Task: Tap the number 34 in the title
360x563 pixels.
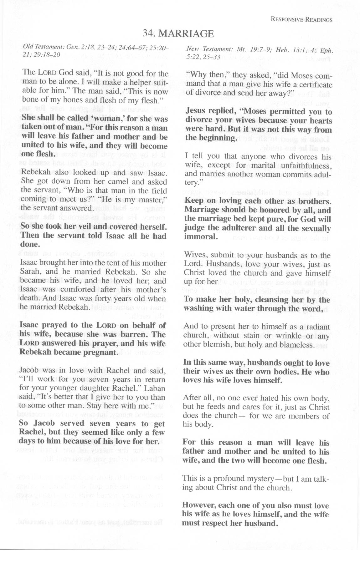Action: click(147, 33)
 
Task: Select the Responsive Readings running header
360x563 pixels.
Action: click(301, 20)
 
